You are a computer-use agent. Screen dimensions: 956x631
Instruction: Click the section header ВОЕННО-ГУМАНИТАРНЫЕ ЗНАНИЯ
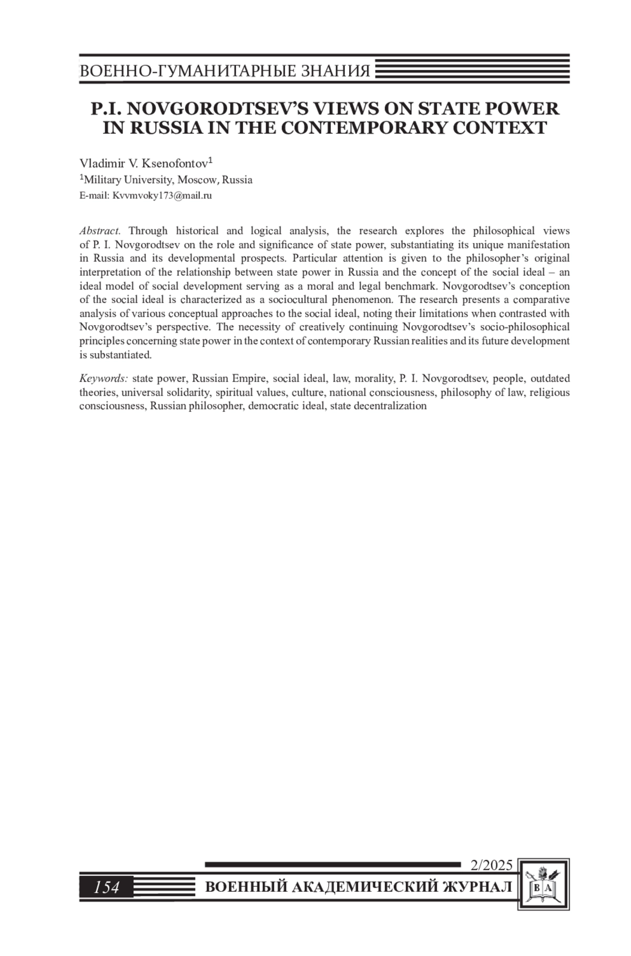pos(225,71)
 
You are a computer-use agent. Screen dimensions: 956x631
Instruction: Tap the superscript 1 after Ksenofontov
pos(210,159)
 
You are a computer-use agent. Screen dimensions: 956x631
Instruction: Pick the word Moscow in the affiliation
pos(197,180)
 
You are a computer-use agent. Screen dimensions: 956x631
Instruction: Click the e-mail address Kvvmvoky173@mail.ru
pos(162,196)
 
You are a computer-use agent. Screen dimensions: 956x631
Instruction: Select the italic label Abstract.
pos(100,231)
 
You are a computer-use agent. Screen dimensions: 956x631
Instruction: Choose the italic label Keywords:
pos(104,379)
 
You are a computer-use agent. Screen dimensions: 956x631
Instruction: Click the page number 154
pos(107,888)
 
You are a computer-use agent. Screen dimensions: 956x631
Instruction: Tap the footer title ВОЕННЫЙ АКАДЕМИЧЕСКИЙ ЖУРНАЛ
pos(358,888)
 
